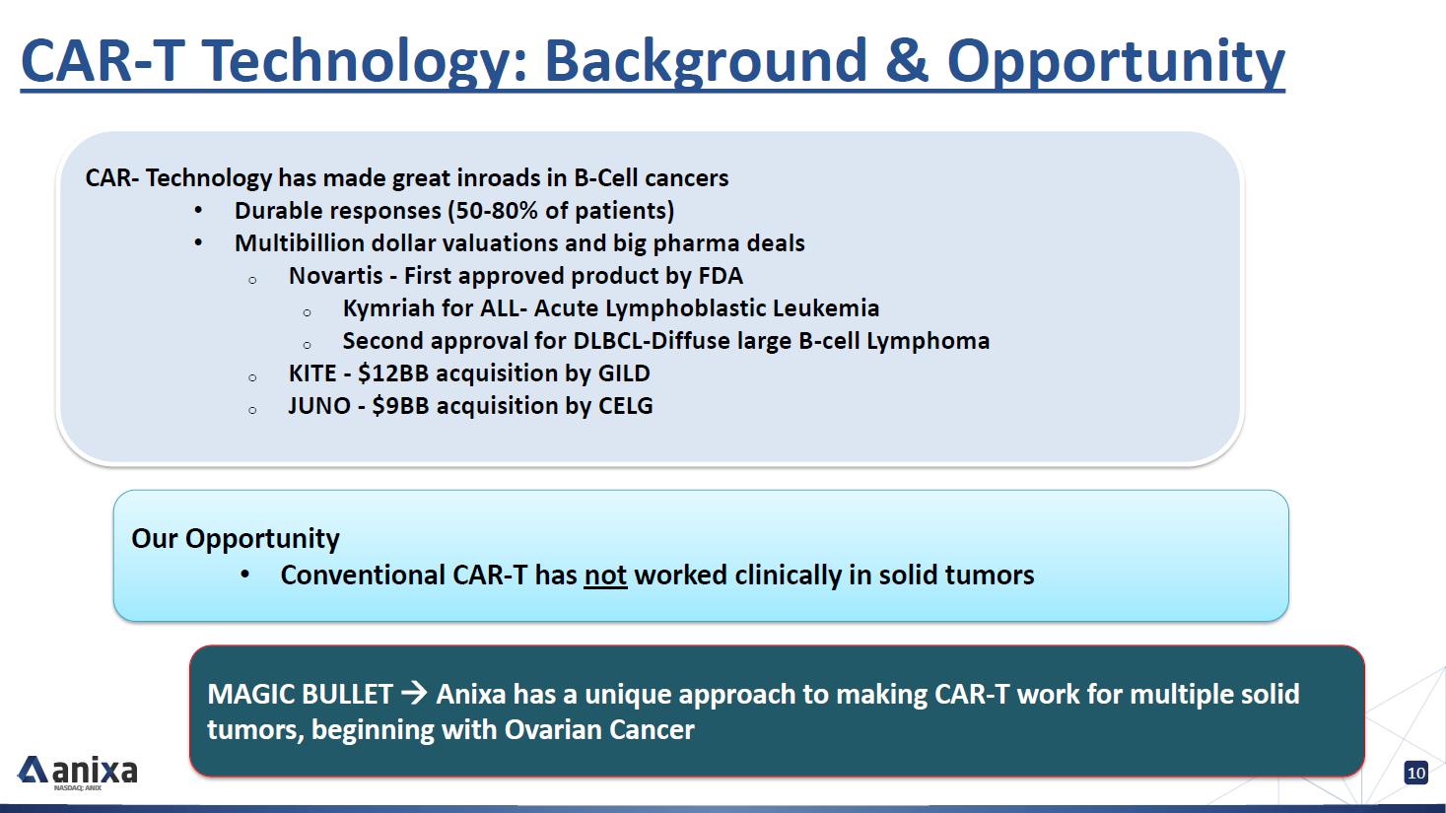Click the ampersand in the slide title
(906, 60)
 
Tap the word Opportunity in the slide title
(1116, 64)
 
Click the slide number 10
(1415, 773)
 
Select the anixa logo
(78, 772)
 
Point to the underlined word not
(605, 575)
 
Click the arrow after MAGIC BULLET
(414, 694)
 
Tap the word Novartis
(336, 276)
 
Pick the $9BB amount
(400, 406)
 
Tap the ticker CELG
(626, 406)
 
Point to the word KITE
(312, 373)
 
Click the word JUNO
(319, 406)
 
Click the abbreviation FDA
(721, 276)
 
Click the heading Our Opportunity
(235, 539)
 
